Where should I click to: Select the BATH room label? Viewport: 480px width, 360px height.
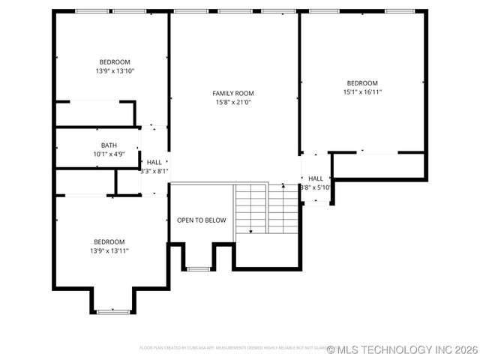click(x=109, y=145)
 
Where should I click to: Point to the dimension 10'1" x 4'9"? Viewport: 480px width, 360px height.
click(x=109, y=154)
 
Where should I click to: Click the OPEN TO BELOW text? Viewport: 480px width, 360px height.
click(x=201, y=220)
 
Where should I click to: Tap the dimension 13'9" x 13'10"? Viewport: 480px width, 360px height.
click(x=115, y=71)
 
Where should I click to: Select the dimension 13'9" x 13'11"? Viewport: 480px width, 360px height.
click(x=109, y=250)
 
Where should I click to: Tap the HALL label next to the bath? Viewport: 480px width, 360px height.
click(x=154, y=162)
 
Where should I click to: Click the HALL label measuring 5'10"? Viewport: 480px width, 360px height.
click(x=316, y=178)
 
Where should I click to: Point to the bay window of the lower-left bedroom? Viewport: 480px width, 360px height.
click(x=113, y=310)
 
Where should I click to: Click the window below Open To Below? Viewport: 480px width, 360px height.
click(x=198, y=268)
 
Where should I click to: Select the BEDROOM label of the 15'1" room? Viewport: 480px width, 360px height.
click(x=361, y=83)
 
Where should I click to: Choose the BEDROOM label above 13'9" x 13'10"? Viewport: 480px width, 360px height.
click(x=115, y=62)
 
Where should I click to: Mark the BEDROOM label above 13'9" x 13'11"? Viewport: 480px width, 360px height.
click(x=109, y=241)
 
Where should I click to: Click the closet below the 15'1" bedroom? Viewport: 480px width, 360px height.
click(x=379, y=166)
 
